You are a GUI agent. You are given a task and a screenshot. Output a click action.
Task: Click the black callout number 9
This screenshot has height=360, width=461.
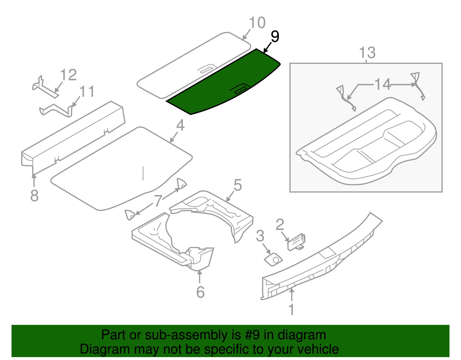[275, 37]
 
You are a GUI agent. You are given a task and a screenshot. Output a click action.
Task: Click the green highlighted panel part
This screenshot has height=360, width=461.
[219, 86]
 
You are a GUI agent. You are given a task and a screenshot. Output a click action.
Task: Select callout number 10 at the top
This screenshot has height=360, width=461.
[257, 23]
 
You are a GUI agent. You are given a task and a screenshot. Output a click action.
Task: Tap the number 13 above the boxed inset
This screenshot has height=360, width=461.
[367, 53]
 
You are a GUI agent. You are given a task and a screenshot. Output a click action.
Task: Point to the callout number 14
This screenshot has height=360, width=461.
[382, 84]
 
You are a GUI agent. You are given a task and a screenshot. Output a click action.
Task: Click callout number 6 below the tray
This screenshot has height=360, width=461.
[200, 292]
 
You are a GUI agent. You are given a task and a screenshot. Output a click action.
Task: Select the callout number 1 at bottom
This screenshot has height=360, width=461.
[291, 309]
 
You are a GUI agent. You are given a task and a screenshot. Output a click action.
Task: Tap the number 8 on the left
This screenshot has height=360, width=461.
[34, 196]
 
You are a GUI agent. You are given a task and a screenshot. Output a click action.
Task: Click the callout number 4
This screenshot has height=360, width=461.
[180, 126]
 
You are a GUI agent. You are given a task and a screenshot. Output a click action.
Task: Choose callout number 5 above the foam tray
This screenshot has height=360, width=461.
[237, 185]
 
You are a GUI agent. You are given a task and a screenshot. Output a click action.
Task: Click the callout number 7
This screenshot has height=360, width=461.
[158, 200]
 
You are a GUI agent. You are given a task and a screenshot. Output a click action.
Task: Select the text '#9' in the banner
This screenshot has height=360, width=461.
[252, 335]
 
